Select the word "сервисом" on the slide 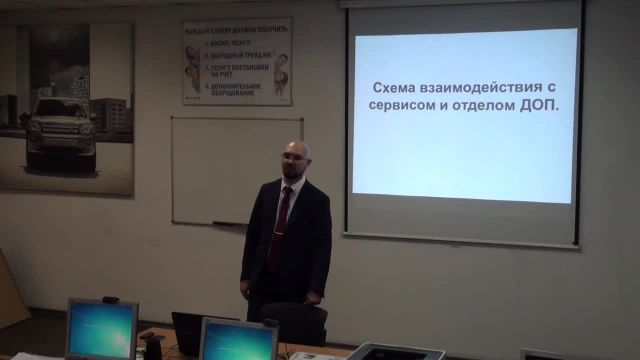pyautogui.click(x=411, y=106)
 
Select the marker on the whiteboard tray pyautogui.click(x=224, y=222)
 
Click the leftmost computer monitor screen pyautogui.click(x=101, y=329)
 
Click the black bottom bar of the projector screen pyautogui.click(x=460, y=240)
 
